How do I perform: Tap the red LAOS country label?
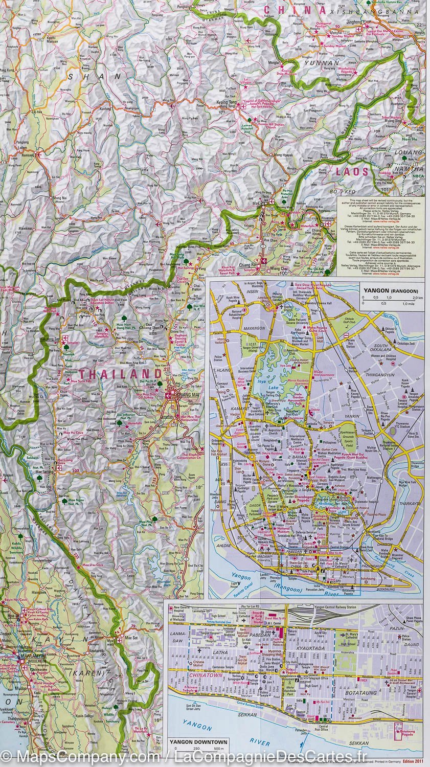tap(352, 171)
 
